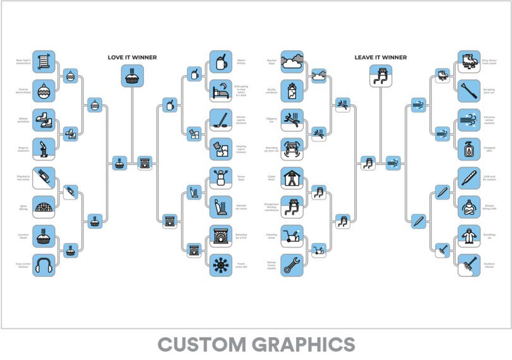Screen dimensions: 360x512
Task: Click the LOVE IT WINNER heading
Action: coord(132,57)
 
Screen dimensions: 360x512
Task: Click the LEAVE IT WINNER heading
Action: coord(380,57)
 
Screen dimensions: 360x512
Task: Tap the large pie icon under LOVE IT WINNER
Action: coord(132,76)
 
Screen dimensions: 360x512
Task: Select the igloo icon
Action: coord(44,207)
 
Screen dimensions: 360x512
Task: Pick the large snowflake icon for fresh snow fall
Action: coord(220,265)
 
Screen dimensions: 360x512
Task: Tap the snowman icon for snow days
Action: coord(220,179)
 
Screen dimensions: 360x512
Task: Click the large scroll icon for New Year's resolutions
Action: coord(44,62)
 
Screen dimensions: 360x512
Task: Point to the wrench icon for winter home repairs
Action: coord(292,265)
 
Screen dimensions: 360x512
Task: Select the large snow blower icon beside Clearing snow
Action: coord(292,236)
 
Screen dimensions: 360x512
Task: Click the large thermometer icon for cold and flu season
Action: coord(468,179)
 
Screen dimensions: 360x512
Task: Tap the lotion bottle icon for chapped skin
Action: coord(468,149)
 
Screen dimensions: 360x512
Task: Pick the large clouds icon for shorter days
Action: coord(292,62)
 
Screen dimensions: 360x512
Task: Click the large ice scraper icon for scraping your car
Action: coord(468,91)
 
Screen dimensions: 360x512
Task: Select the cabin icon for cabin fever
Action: coord(292,179)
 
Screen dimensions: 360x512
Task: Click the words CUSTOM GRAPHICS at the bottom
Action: coord(256,345)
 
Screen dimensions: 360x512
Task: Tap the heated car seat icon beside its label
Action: coord(220,207)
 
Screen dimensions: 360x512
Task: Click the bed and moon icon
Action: coord(220,91)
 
